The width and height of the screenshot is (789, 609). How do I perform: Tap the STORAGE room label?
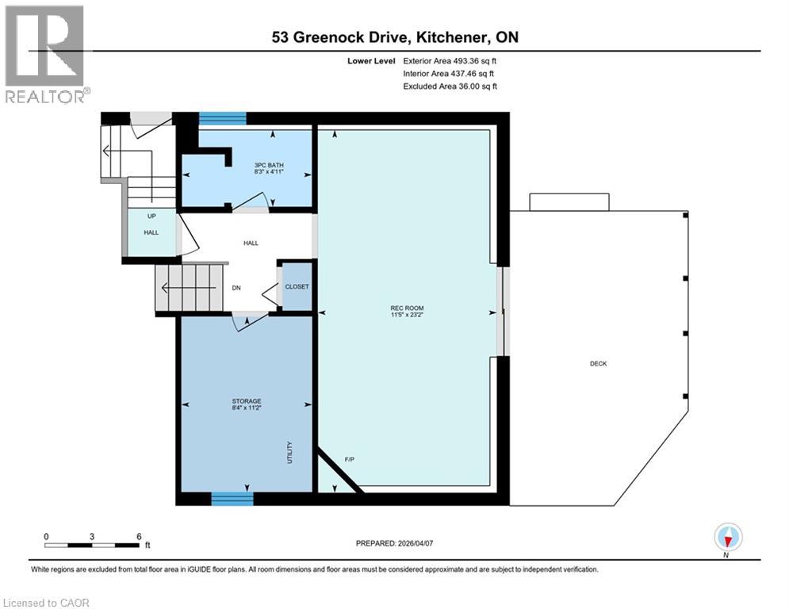[247, 401]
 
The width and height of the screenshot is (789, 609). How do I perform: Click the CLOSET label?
[297, 286]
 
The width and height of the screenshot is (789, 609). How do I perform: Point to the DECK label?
[598, 363]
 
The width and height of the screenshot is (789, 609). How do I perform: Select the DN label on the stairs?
[236, 289]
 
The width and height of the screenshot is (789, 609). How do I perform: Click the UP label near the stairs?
[150, 216]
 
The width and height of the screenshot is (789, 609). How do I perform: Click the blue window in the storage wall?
[232, 498]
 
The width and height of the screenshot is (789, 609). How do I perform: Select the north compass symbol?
[727, 538]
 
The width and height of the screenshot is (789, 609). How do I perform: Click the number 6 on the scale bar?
[139, 536]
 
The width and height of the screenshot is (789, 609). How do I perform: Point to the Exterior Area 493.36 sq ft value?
[450, 60]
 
